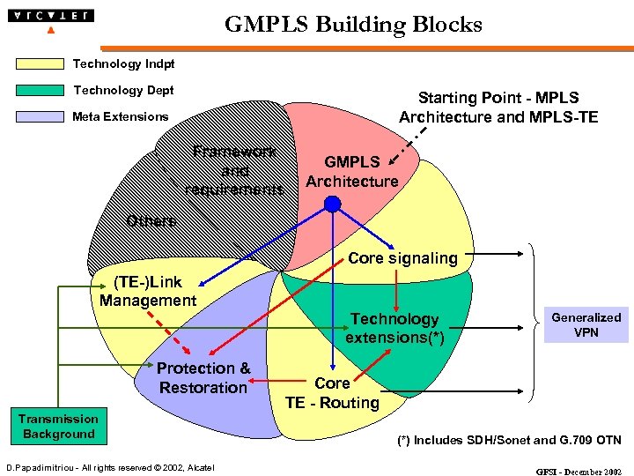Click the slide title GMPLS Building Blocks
(x=353, y=24)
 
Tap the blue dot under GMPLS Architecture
(x=332, y=205)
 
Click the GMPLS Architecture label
(x=351, y=172)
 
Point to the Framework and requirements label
(x=235, y=170)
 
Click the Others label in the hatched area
(x=151, y=220)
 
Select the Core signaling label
(x=402, y=258)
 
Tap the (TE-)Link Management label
(x=148, y=291)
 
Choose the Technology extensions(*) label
(x=394, y=328)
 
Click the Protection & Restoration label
(x=203, y=378)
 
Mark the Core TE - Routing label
(x=332, y=393)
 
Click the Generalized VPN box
(x=586, y=325)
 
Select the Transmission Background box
(x=58, y=427)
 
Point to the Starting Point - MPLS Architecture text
(x=498, y=108)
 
